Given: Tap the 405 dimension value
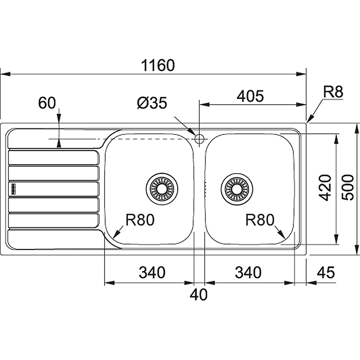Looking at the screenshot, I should (x=249, y=96).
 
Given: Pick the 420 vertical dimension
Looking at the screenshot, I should (x=324, y=188).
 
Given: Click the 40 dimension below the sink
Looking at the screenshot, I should (x=198, y=295).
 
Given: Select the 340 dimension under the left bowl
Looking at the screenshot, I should (x=152, y=273).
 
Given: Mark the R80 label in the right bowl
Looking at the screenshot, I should (x=260, y=219).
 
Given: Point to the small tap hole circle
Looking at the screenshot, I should (x=199, y=138).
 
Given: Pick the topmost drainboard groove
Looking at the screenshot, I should (x=54, y=157).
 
